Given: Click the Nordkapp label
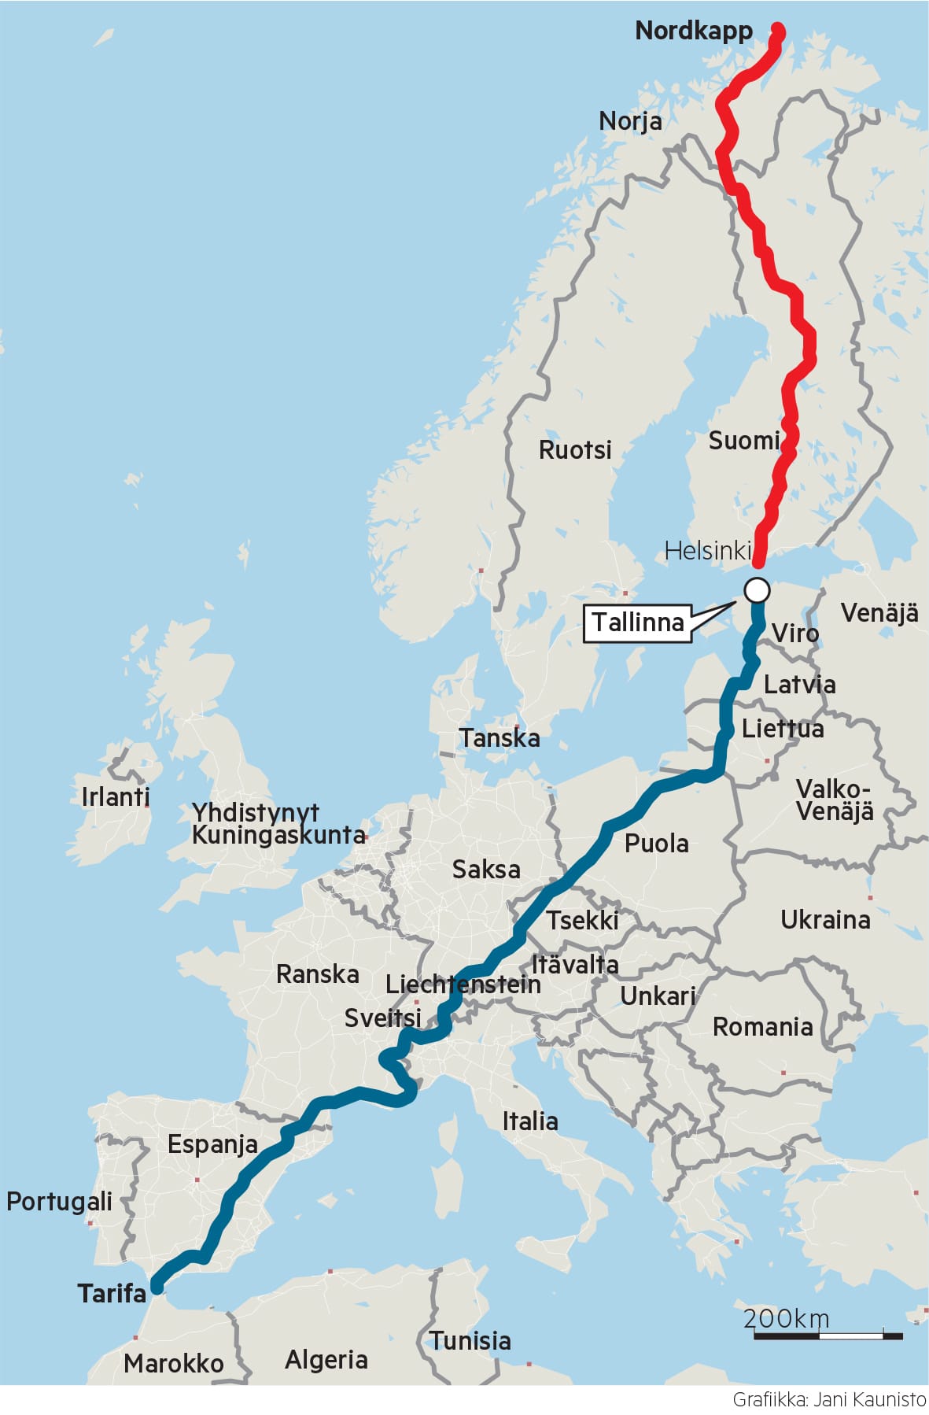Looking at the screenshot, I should tap(693, 31).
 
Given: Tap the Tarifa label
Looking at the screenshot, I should tap(112, 1293).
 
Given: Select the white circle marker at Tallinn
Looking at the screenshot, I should tap(757, 589).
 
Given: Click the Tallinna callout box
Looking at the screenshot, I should tap(637, 623).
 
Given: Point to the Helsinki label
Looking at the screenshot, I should tap(707, 551).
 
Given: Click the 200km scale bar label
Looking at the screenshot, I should tap(786, 1318).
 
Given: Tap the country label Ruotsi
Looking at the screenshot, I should tap(574, 450).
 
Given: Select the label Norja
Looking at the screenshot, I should tap(629, 121).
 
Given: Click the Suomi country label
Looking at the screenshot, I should tap(743, 441).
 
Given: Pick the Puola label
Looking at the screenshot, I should tap(656, 844).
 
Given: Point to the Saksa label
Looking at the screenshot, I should tap(485, 870).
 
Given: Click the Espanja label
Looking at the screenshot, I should tap(212, 1144).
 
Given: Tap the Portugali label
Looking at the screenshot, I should tap(59, 1202).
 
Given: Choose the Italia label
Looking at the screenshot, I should tap(530, 1121).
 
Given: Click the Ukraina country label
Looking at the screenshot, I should tap(824, 919).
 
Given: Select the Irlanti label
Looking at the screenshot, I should tap(115, 796).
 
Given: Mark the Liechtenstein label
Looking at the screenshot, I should tap(463, 984).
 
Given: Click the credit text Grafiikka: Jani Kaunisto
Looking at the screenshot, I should tap(829, 1399).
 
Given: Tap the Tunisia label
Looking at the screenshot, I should tap(470, 1340).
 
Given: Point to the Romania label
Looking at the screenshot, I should tap(761, 1027).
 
